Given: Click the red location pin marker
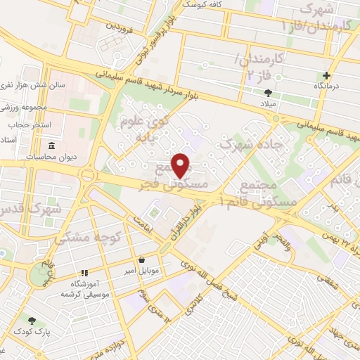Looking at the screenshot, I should [x=181, y=165].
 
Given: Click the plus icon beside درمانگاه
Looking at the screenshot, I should [x=326, y=75].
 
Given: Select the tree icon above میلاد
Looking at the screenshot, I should [x=268, y=92].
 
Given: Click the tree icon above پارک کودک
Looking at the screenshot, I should [x=30, y=320].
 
